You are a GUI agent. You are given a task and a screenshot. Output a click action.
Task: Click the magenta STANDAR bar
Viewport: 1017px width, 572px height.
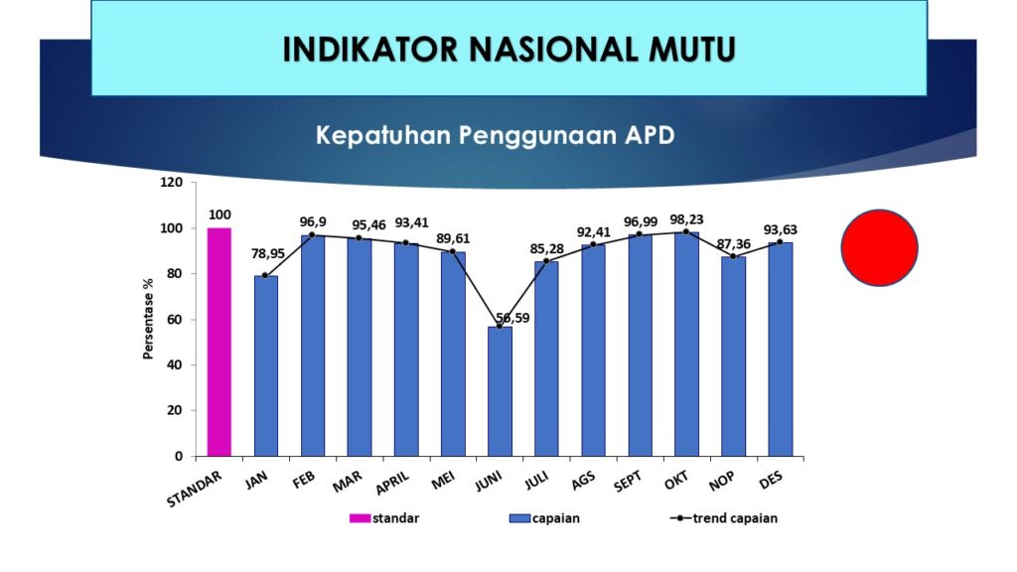[x=219, y=342]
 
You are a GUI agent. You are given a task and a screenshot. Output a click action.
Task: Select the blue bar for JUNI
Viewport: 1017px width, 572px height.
[x=501, y=391]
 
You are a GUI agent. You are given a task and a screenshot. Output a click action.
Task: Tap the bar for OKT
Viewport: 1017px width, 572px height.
[x=687, y=345]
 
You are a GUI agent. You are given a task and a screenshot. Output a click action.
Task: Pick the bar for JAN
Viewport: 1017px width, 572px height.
[x=266, y=366]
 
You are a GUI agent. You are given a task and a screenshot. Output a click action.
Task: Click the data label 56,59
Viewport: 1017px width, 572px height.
[x=513, y=318]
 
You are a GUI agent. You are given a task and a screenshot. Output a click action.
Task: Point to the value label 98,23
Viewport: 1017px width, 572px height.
[x=687, y=219]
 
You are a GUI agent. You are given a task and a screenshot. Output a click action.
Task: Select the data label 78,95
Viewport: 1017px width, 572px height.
[x=268, y=253]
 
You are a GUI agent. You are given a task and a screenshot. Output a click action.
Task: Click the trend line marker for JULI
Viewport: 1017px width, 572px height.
[x=546, y=261]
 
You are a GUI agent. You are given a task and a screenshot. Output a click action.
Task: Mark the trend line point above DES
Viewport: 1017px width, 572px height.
[x=781, y=242]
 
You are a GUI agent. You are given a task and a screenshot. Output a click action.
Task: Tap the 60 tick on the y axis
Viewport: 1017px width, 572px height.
[x=175, y=320]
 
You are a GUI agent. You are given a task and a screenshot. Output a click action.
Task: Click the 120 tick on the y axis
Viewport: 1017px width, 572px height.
[x=171, y=183]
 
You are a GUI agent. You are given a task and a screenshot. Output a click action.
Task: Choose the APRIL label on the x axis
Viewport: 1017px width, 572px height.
[x=393, y=483]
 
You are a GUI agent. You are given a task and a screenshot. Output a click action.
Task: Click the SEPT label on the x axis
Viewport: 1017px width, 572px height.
[x=629, y=481]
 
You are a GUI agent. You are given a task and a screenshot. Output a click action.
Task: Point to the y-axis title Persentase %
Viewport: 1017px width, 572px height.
[x=149, y=319]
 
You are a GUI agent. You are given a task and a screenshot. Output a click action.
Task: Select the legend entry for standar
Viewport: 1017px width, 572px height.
[x=384, y=518]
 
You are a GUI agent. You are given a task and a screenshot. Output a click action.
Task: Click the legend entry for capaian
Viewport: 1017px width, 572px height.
[x=545, y=518]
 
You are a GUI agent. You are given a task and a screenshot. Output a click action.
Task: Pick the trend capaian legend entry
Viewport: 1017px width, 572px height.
[x=724, y=518]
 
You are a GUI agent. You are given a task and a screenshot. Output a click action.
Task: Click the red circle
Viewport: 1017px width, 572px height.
[x=880, y=247]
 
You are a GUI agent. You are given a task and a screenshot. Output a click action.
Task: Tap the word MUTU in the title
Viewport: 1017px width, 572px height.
[x=692, y=50]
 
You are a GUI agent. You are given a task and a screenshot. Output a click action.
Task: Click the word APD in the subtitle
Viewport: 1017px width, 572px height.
[x=650, y=135]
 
